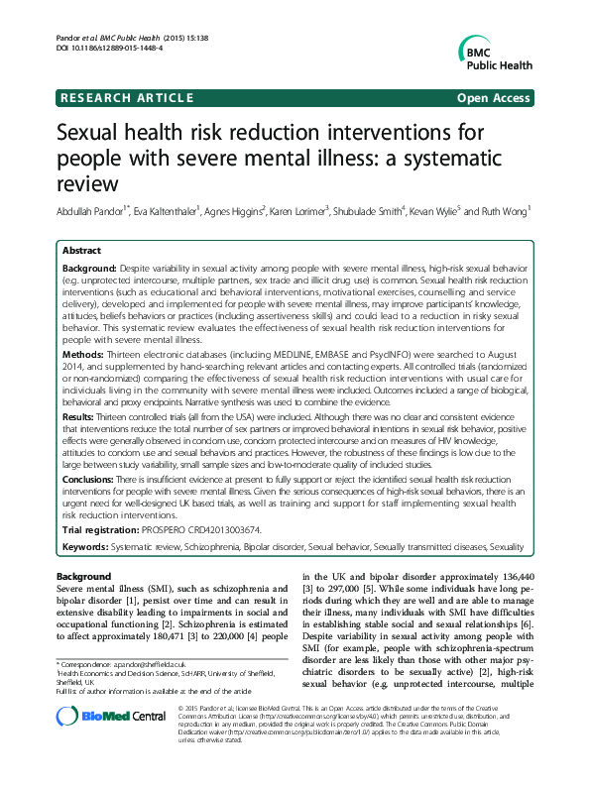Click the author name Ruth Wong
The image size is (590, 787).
click(507, 210)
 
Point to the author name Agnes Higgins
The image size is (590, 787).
click(235, 210)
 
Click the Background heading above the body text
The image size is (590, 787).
click(84, 577)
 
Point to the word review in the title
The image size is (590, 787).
click(87, 183)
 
